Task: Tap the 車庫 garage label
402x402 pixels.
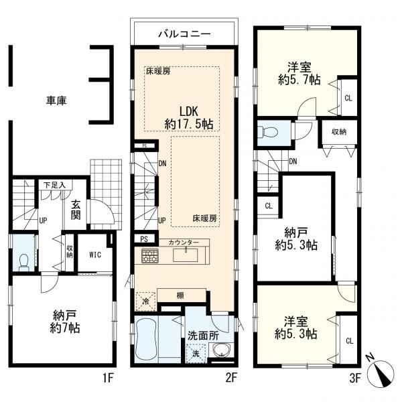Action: coord(56,100)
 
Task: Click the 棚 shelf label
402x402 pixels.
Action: coord(182,295)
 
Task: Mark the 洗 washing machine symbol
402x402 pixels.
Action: coord(196,352)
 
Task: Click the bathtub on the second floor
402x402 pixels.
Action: coord(153,340)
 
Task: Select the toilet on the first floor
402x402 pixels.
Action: coord(23,259)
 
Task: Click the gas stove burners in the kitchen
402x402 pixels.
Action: coord(149,255)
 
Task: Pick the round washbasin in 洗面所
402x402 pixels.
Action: coord(221,351)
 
